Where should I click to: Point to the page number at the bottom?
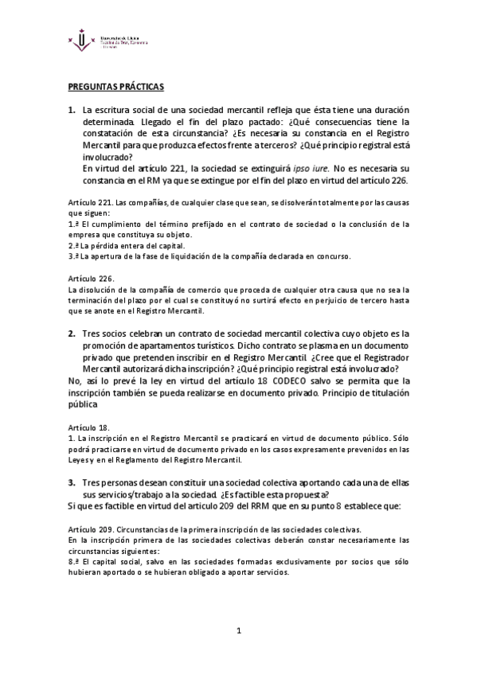[238, 631]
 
